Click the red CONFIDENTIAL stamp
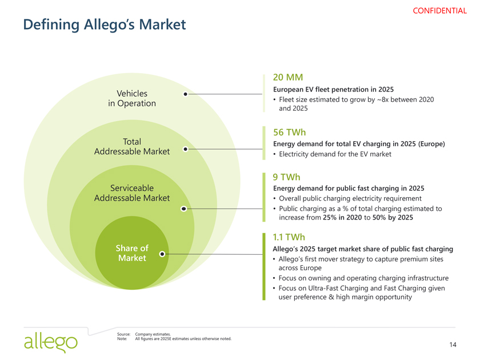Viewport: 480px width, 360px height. point(439,11)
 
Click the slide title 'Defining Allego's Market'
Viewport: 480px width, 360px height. point(105,25)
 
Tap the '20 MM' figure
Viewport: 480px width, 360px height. point(288,77)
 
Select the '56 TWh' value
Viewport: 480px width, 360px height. point(289,132)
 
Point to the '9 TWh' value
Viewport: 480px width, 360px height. point(286,177)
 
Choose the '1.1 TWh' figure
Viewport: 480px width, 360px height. point(289,237)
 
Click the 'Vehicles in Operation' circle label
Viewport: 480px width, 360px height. point(132,98)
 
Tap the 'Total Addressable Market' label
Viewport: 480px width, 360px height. point(132,146)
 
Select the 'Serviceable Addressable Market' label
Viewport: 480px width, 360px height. point(132,193)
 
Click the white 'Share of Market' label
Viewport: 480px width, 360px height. point(132,253)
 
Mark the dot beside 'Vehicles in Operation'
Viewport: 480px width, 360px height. point(185,94)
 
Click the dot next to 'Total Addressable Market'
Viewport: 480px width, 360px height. point(185,149)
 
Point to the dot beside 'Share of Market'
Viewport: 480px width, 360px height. point(162,254)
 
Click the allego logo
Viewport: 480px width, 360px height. point(51,343)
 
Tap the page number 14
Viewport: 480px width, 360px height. point(453,345)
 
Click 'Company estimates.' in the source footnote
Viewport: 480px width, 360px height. point(153,334)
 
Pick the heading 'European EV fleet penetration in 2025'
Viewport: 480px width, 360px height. point(333,89)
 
